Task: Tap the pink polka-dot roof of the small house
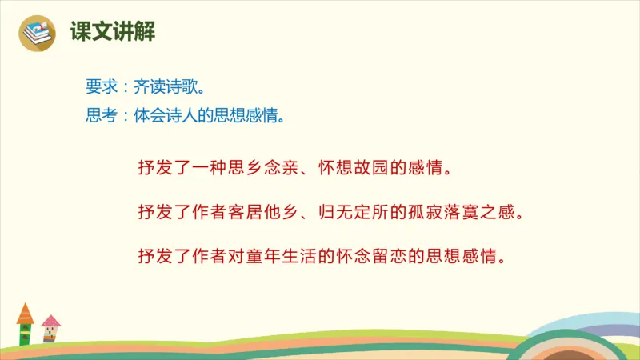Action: coord(50,322)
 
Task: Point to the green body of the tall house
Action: coord(25,333)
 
